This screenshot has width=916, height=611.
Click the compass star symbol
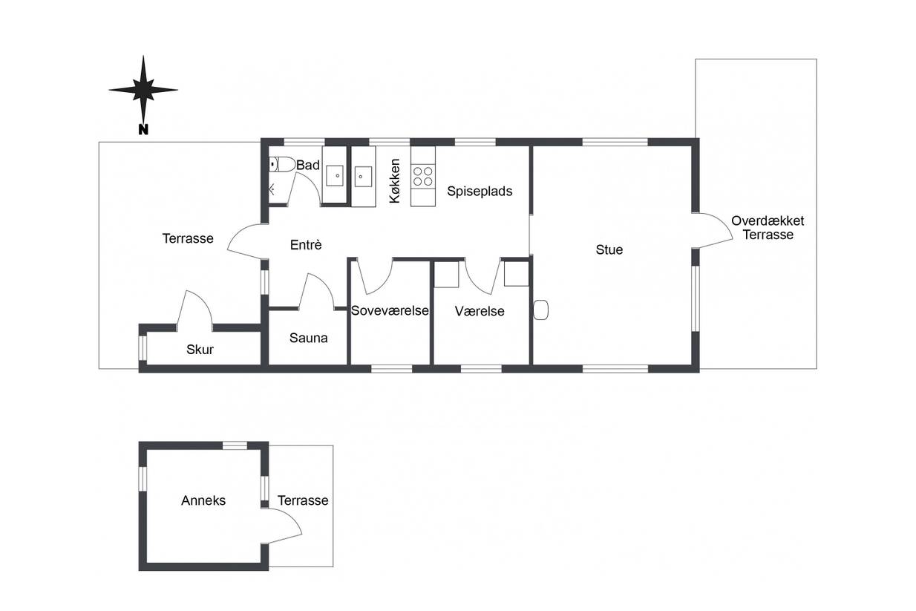pyautogui.click(x=143, y=90)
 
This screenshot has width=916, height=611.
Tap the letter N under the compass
pyautogui.click(x=143, y=130)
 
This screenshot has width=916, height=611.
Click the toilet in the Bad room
pyautogui.click(x=282, y=164)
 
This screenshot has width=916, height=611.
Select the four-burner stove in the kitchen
pyautogui.click(x=423, y=176)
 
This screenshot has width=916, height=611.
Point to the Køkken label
pyautogui.click(x=395, y=180)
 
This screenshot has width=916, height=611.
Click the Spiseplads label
pyautogui.click(x=480, y=191)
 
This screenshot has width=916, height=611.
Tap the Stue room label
pyautogui.click(x=609, y=249)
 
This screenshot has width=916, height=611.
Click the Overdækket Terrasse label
pyautogui.click(x=768, y=227)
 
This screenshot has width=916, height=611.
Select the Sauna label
pyautogui.click(x=308, y=338)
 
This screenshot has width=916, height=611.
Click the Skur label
pyautogui.click(x=200, y=349)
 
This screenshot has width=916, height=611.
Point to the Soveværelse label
pyautogui.click(x=390, y=311)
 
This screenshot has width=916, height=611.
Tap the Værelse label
pyautogui.click(x=480, y=311)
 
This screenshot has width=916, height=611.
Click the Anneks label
pyautogui.click(x=203, y=500)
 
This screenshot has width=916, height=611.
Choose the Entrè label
pyautogui.click(x=306, y=244)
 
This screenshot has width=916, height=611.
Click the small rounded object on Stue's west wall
pyautogui.click(x=540, y=310)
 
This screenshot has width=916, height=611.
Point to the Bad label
pyautogui.click(x=308, y=166)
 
